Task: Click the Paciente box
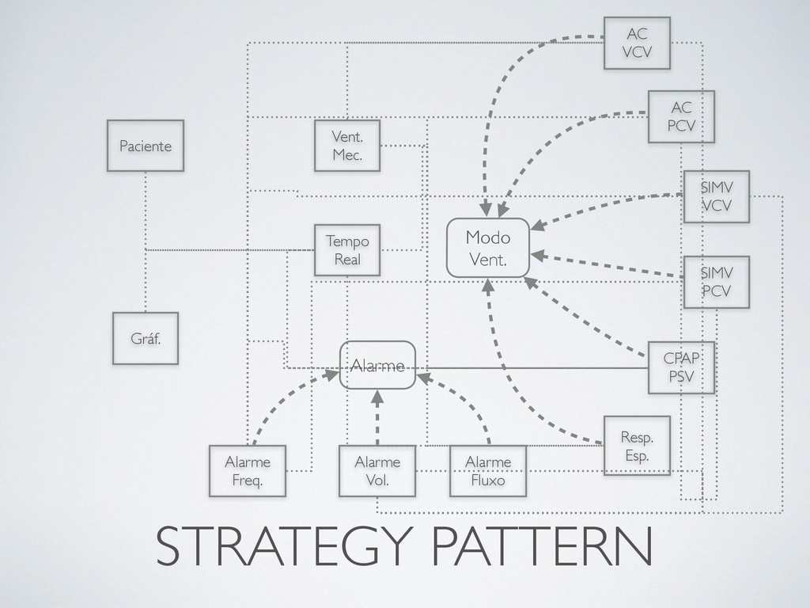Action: point(146,146)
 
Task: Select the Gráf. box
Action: point(145,338)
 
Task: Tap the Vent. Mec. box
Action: point(346,146)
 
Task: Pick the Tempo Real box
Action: point(346,249)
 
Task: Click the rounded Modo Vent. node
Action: point(488,247)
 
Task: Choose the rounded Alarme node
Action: point(377,365)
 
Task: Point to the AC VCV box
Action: point(636,42)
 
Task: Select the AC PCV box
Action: point(680,116)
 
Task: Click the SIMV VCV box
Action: point(716,196)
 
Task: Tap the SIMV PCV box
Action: point(716,282)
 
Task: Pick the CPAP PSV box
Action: point(680,367)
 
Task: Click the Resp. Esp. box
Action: point(636,445)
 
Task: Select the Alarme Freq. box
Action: point(248,471)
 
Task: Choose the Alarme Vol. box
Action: point(377,471)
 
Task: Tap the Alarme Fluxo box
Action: point(488,471)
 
